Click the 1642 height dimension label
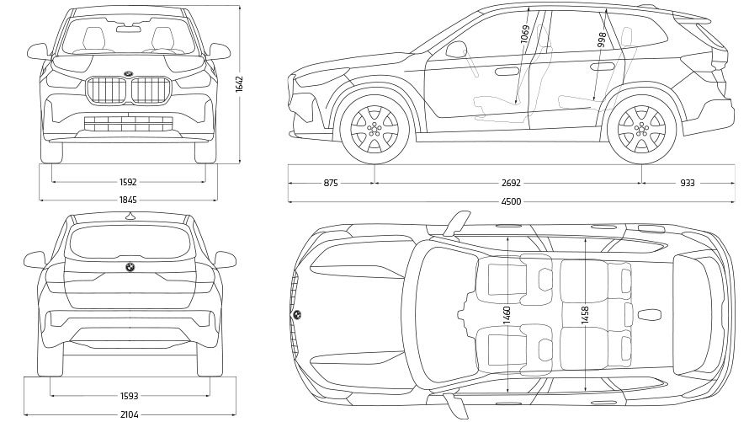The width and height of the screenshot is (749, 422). tap(239, 84)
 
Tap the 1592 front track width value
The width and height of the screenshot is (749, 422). tap(128, 181)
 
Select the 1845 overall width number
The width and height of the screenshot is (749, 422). tap(128, 200)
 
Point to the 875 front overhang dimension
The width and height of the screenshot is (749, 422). tap(330, 183)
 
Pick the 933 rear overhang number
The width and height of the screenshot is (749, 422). tap(688, 183)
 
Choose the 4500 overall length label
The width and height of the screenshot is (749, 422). tap(511, 201)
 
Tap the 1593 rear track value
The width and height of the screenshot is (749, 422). tap(130, 396)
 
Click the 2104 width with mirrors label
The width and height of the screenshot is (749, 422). tap(130, 414)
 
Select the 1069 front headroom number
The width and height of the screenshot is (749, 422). tap(525, 35)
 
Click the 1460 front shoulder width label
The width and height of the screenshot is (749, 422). tap(507, 316)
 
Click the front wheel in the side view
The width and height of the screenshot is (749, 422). tap(374, 130)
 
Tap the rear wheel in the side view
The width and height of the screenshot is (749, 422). tap(640, 130)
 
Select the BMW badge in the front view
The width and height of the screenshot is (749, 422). tap(128, 73)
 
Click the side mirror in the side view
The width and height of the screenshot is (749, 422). tap(456, 50)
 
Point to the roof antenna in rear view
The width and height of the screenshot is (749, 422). tap(130, 216)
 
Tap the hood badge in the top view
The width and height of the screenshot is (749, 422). tap(297, 315)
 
